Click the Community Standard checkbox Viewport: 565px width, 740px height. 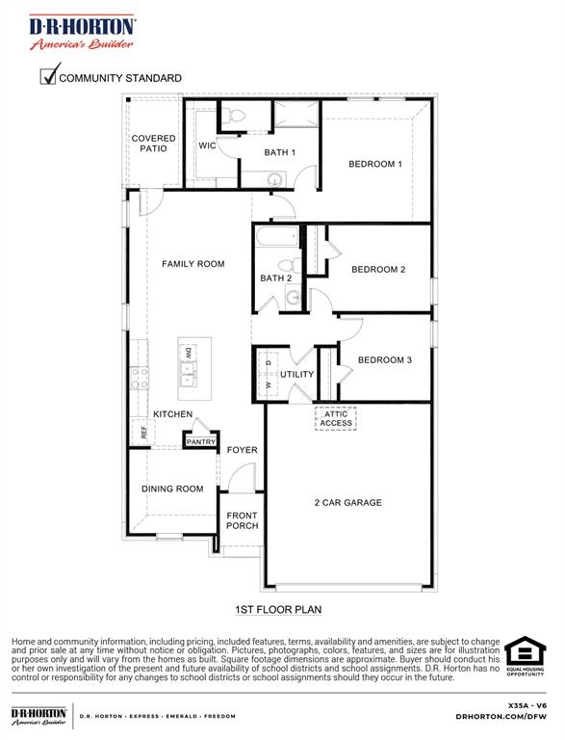tap(48, 76)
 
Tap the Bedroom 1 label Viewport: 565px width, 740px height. tap(374, 164)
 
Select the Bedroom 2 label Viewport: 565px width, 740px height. tap(377, 270)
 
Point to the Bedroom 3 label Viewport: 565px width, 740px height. tap(384, 360)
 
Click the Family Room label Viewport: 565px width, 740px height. tap(193, 264)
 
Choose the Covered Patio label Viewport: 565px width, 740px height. tap(153, 144)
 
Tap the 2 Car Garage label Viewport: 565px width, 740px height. tap(347, 502)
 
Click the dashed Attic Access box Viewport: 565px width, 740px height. tap(336, 418)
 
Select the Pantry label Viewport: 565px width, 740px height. tap(201, 442)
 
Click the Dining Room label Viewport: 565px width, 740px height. tap(172, 489)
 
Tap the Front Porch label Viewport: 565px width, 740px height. tap(242, 520)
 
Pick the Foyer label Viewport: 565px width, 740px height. tap(242, 450)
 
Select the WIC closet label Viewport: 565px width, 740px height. tap(207, 145)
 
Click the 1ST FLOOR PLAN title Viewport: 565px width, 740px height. tap(278, 610)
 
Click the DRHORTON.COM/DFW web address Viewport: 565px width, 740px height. tap(501, 717)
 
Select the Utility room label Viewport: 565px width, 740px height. tap(296, 375)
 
